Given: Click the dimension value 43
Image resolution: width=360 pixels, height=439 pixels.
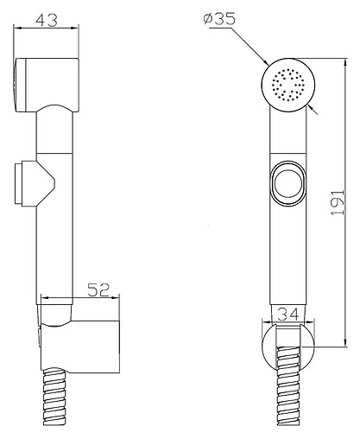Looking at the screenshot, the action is click(47, 20).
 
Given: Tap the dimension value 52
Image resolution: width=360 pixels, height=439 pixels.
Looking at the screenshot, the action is click(98, 289).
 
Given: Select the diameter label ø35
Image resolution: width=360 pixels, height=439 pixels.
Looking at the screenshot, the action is click(219, 18).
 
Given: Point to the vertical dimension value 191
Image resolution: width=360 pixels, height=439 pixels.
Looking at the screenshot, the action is click(338, 202).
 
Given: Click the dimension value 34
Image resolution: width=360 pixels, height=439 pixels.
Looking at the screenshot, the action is click(288, 314).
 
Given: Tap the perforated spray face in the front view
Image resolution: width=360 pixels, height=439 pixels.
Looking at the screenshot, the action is click(288, 84).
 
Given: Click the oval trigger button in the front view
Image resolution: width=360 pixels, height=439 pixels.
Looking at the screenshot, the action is click(288, 183).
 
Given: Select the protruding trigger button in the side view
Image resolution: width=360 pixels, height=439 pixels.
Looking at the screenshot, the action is click(35, 184).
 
